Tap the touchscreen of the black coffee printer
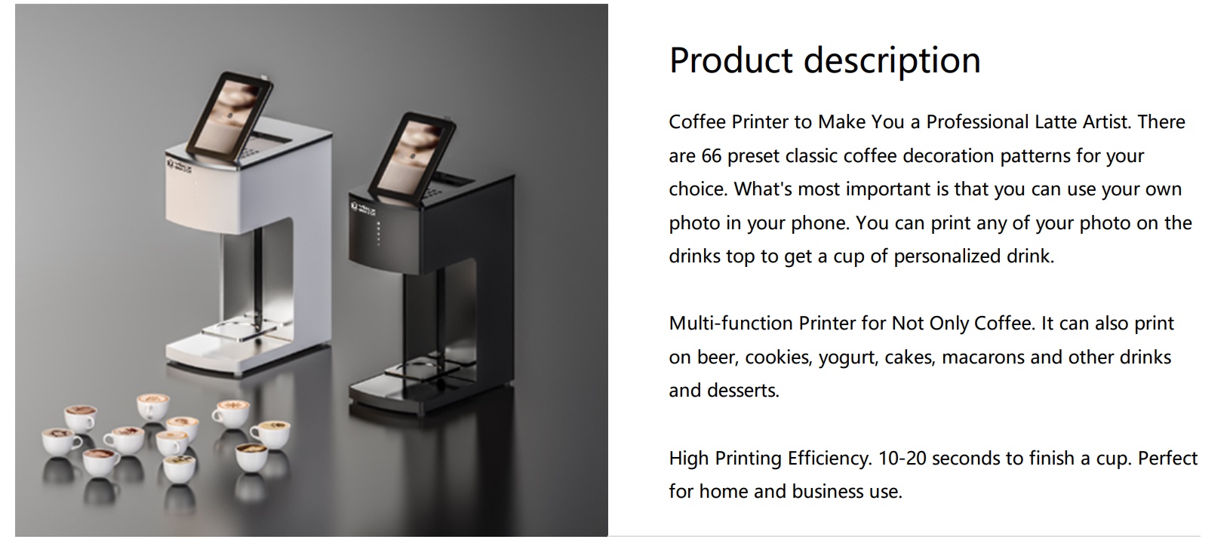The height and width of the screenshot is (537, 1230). tap(412, 156)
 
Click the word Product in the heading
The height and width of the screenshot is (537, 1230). tap(731, 60)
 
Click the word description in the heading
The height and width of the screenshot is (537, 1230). tap(892, 60)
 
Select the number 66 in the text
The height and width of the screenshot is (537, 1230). tap(711, 156)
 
